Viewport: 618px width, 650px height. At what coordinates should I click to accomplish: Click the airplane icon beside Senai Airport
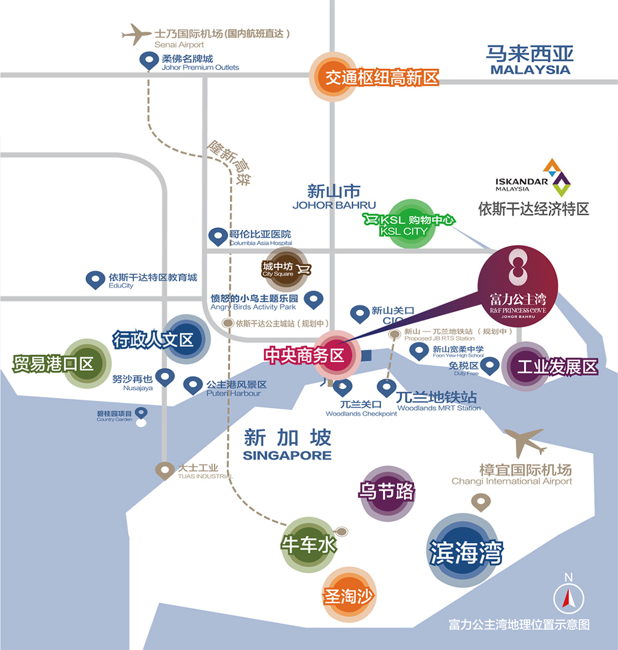click(136, 34)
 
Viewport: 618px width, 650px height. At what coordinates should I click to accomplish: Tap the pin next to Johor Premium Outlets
click(149, 60)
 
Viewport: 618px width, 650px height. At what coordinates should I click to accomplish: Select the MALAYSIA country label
click(530, 70)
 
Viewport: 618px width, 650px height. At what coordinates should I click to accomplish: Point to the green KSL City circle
click(410, 225)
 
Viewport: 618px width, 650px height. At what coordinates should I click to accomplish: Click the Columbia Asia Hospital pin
click(218, 236)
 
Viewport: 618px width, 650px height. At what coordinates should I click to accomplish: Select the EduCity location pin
click(95, 280)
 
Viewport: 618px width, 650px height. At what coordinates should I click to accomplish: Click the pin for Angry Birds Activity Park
click(313, 299)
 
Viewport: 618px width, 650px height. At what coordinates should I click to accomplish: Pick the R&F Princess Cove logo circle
click(518, 285)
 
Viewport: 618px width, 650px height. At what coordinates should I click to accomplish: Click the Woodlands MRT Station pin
click(386, 387)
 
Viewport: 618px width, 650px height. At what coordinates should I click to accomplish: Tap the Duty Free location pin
click(489, 366)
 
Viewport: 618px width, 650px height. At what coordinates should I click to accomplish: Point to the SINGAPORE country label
click(287, 455)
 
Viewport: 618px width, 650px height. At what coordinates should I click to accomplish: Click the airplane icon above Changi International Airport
click(524, 441)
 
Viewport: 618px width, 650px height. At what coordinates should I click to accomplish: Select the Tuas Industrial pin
click(165, 470)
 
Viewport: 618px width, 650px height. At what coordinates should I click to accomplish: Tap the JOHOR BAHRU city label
click(334, 205)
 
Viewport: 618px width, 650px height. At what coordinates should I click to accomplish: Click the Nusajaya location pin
click(165, 377)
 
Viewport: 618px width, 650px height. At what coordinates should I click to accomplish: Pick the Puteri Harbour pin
click(193, 385)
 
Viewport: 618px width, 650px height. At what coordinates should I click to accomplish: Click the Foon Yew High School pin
click(419, 351)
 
